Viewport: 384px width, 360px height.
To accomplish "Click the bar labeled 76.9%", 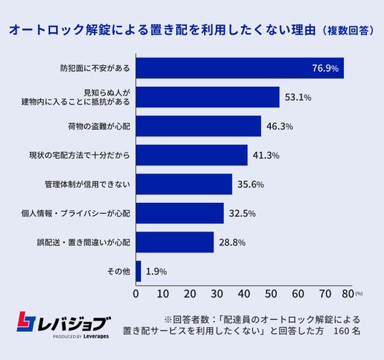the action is [240, 68].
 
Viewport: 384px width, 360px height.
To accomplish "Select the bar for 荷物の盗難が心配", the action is [198, 126].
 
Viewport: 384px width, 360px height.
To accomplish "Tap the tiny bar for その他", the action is [138, 271].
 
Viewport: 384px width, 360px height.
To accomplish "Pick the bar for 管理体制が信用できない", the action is [184, 184].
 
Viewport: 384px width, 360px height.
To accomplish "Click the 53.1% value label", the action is [298, 98].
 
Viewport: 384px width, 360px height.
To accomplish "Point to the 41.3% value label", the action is [266, 156].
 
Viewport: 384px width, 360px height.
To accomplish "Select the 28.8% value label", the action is [232, 242].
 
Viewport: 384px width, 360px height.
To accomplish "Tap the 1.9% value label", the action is [156, 272].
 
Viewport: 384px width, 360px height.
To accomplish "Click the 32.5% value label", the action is [242, 214].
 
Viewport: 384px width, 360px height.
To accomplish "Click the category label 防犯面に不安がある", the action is [95, 68].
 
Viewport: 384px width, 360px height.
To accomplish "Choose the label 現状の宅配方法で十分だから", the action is [80, 156].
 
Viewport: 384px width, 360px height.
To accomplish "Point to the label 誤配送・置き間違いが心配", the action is [84, 242].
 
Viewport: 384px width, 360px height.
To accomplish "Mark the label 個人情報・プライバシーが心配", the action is [76, 214].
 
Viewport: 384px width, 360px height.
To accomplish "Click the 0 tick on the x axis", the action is [136, 294].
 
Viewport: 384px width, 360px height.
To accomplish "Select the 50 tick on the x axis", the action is [271, 294].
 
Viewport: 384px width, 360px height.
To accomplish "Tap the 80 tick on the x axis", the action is [348, 294].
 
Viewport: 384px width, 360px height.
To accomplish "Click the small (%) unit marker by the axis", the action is [359, 293].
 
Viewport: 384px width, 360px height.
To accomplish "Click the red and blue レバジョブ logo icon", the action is [27, 321].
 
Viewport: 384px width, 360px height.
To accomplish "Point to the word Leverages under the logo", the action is [96, 336].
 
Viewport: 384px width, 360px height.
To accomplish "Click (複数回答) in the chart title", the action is [347, 31].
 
